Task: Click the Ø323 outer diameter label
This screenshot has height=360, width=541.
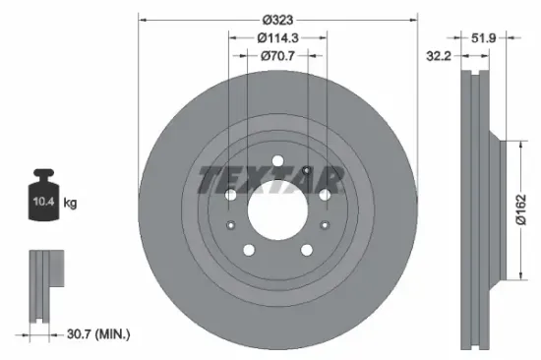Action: click(x=278, y=18)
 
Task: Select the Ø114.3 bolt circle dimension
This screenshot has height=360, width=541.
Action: click(x=278, y=37)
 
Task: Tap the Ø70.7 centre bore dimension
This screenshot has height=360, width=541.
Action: click(x=278, y=57)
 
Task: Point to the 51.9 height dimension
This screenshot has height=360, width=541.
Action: click(x=483, y=37)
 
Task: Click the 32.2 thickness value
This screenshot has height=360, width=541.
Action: click(x=439, y=58)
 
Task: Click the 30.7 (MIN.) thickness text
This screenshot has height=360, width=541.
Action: click(x=95, y=334)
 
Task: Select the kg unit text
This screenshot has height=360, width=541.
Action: click(x=71, y=204)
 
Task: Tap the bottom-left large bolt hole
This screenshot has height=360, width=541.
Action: click(x=248, y=248)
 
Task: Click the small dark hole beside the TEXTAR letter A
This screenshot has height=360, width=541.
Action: click(x=308, y=173)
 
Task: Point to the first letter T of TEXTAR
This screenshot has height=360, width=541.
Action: click(x=210, y=181)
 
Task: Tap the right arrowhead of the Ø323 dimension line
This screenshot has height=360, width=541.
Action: click(x=414, y=18)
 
